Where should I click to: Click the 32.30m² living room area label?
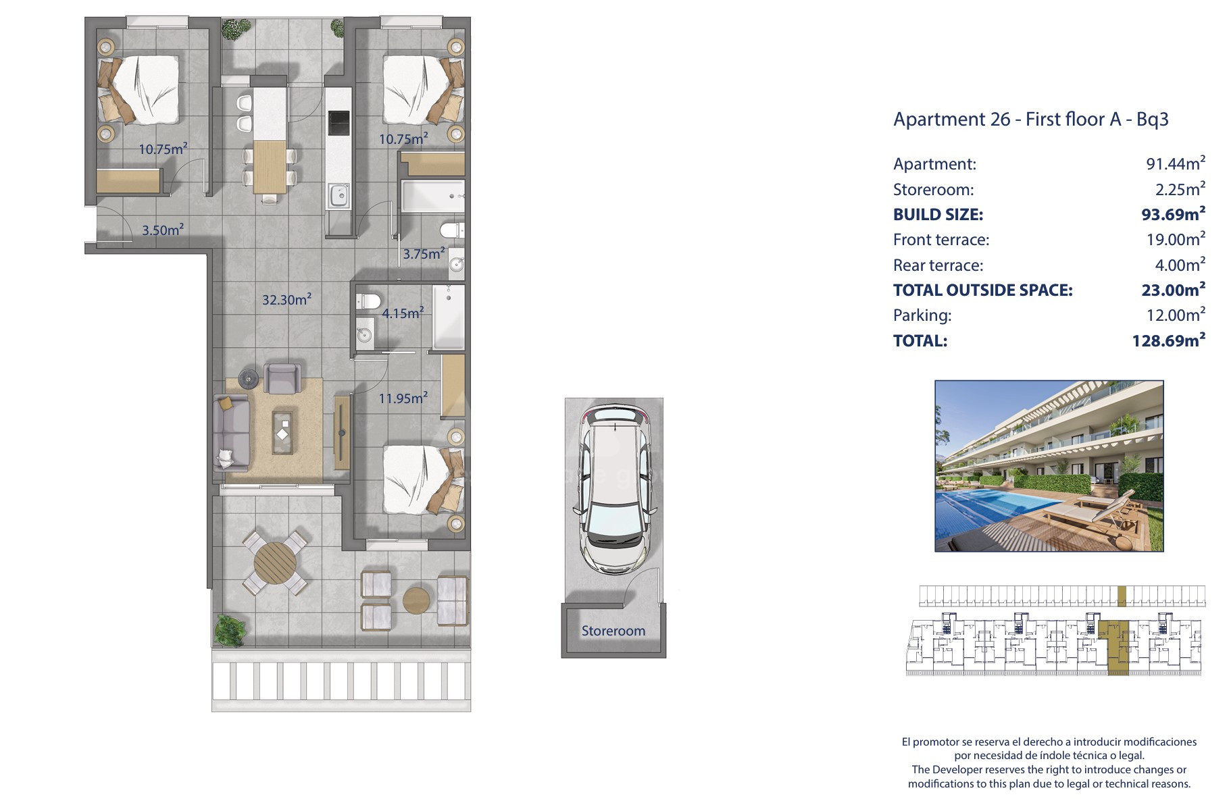[286, 299]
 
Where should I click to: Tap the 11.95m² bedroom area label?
[403, 398]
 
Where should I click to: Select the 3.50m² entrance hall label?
[163, 230]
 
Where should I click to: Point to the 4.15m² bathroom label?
[403, 313]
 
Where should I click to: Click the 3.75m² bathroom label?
[424, 253]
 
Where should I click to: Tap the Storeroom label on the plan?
[613, 631]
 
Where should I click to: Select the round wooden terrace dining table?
[275, 562]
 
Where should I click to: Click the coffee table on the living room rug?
[283, 432]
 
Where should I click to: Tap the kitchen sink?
[338, 196]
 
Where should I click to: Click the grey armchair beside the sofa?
[282, 378]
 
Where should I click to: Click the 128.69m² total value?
[1168, 340]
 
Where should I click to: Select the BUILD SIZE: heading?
[938, 215]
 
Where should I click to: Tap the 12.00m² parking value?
[1176, 315]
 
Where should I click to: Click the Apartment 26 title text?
[1031, 120]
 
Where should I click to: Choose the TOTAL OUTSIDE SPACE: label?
[982, 290]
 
